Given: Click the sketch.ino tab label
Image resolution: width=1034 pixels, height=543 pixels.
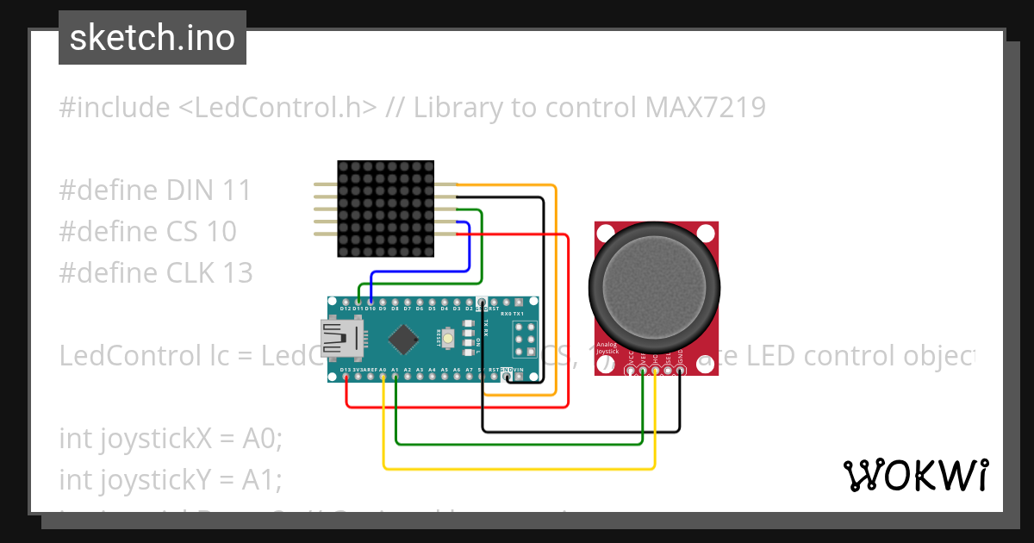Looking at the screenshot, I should (x=152, y=38).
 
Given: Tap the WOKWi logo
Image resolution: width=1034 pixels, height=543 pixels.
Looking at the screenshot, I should (x=915, y=475).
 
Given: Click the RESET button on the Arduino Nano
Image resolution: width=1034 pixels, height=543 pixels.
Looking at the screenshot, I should (x=450, y=338).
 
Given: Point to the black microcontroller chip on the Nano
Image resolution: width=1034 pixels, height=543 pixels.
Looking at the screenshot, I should (x=402, y=339).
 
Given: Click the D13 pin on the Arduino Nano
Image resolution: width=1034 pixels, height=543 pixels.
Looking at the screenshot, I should (x=346, y=378).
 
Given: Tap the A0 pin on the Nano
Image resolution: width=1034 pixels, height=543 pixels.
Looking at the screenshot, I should (x=383, y=378).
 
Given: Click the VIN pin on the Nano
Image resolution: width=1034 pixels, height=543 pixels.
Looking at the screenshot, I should (x=519, y=378).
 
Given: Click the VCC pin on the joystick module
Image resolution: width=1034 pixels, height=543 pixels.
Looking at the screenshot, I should (x=631, y=371).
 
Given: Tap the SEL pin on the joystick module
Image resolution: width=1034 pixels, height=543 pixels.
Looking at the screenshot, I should (x=668, y=371).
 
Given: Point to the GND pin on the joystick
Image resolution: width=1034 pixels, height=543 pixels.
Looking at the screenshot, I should (x=681, y=371).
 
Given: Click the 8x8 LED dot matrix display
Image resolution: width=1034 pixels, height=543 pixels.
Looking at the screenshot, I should (x=385, y=209).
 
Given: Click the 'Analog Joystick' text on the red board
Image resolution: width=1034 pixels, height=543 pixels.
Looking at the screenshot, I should (x=607, y=348).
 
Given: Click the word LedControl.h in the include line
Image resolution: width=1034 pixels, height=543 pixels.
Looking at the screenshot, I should (x=278, y=108).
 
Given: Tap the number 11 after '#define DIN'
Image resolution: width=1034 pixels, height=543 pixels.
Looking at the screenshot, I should (x=236, y=190).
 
